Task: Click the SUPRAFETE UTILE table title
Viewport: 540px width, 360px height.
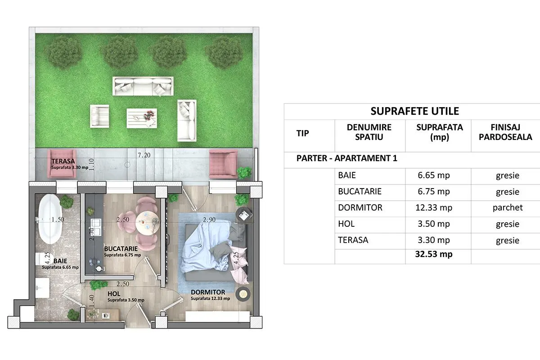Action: pos(414,111)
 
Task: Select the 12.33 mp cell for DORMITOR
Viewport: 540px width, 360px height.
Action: pos(434,207)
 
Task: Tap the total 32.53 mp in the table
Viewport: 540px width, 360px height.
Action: pos(434,254)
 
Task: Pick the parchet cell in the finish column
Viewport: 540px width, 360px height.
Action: pos(508,207)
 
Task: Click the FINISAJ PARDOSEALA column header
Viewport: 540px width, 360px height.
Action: pos(505,132)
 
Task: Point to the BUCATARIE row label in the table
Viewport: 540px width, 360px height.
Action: pos(360,191)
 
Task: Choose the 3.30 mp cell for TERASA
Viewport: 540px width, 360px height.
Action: pos(434,240)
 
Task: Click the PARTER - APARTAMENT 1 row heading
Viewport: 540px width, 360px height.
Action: pos(346,158)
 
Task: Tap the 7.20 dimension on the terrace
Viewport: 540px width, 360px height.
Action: pos(144,155)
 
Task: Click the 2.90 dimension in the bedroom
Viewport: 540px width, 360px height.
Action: pos(209,220)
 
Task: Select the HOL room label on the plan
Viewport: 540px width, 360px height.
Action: pos(114,294)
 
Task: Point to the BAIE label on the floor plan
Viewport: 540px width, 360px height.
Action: pos(60,261)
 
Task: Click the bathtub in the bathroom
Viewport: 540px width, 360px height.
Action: pos(50,219)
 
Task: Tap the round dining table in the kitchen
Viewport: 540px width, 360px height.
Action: pos(147,223)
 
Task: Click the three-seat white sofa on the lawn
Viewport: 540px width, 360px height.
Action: pos(143,86)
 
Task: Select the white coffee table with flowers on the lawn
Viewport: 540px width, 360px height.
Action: pos(142,118)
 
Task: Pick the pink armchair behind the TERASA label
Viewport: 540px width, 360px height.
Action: pos(62,164)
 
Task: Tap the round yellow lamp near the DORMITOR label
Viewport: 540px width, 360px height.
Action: pos(243,294)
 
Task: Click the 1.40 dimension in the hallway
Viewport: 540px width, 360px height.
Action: pos(91,301)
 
